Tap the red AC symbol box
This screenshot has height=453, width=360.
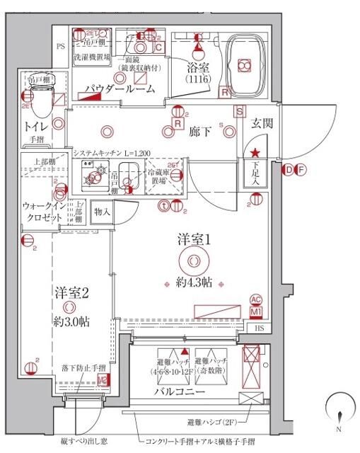257,299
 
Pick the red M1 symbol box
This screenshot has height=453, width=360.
257,311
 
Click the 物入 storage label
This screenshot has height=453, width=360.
102,211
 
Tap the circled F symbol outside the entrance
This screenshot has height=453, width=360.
301,169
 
